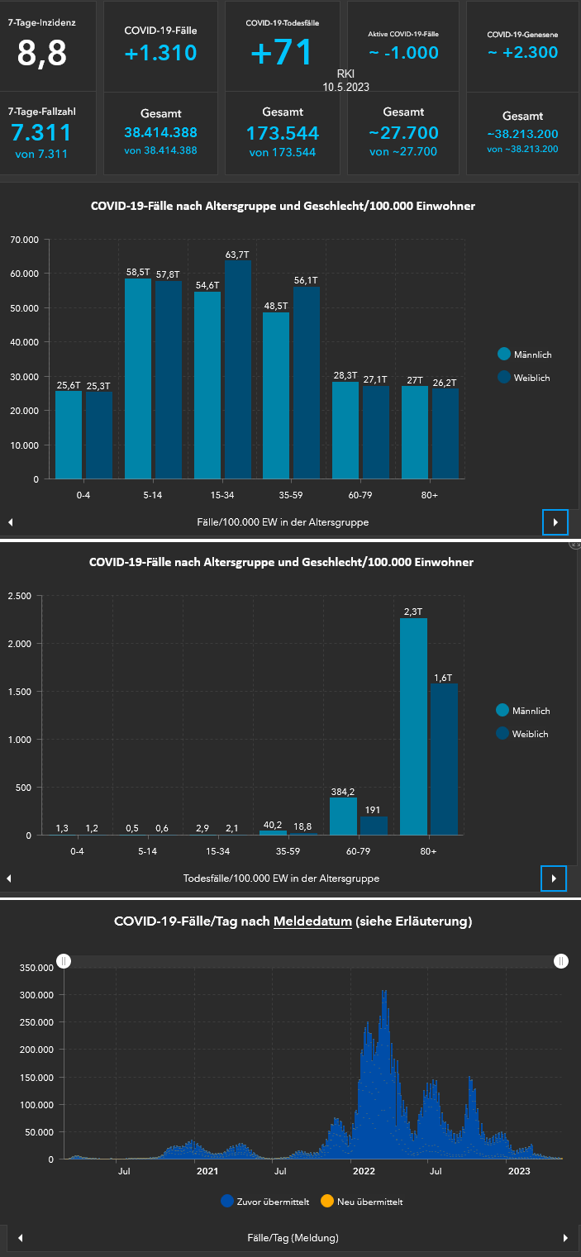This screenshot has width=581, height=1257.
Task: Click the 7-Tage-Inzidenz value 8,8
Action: tap(42, 53)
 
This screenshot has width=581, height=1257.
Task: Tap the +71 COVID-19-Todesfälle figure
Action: tap(282, 52)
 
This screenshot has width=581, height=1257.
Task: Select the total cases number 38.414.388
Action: tap(160, 132)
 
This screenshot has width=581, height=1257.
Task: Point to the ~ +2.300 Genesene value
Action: tap(522, 52)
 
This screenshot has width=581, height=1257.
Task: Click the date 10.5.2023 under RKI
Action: tap(345, 86)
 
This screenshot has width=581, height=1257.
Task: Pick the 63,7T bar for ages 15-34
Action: tap(238, 369)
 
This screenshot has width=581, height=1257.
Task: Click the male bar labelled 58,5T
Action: tap(138, 379)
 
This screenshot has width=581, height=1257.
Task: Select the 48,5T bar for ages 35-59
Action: tap(276, 395)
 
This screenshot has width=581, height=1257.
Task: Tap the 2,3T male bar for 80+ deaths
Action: tap(413, 726)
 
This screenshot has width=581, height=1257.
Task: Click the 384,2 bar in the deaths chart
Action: tap(343, 817)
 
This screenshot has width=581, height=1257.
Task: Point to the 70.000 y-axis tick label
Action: tap(25, 240)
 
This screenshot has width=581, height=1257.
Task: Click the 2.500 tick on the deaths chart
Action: tap(20, 596)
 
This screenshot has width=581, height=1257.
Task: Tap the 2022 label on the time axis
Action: tap(364, 1171)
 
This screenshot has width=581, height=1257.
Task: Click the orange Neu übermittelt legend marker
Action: tap(326, 1202)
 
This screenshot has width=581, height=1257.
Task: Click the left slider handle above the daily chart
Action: tap(64, 961)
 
